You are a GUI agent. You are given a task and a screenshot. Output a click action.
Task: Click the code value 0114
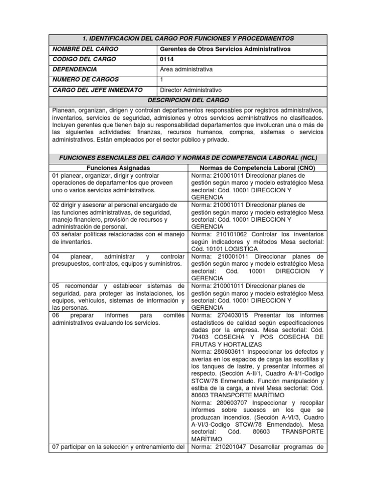click(x=167, y=59)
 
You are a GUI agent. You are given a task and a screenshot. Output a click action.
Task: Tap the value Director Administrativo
click(x=191, y=90)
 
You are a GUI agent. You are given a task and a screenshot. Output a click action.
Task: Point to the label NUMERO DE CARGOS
click(x=86, y=80)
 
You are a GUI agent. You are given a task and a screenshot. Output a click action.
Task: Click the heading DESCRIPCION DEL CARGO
click(x=188, y=100)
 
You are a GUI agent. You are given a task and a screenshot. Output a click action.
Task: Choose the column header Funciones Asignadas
click(x=118, y=168)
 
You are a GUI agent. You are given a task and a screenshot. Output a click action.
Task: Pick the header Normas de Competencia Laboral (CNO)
click(x=257, y=168)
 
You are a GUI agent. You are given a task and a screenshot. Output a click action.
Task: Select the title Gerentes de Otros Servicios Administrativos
click(x=225, y=49)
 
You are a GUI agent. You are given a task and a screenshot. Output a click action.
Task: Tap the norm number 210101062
click(x=228, y=234)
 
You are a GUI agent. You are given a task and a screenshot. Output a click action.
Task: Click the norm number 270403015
click(x=228, y=316)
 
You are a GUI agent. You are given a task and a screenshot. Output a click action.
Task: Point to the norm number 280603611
click(x=228, y=352)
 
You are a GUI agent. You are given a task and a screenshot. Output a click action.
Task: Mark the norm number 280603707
click(x=228, y=402)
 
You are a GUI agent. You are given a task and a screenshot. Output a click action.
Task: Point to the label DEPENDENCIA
click(x=75, y=69)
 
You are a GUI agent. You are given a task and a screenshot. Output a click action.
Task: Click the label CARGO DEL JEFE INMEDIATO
click(x=97, y=90)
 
